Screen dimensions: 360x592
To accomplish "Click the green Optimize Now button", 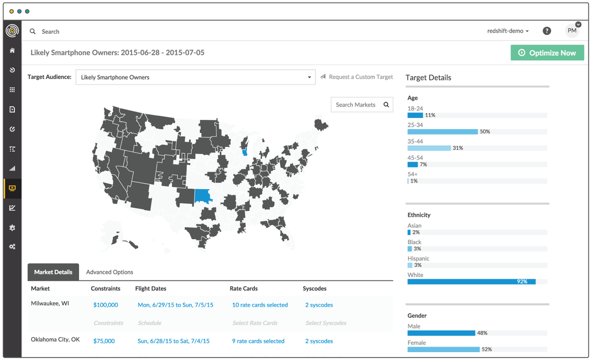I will click(547, 53).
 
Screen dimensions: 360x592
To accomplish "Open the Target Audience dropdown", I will click(195, 77).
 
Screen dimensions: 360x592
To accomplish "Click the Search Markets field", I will click(356, 105).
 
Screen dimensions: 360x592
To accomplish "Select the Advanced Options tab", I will click(110, 272).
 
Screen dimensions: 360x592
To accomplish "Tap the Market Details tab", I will click(53, 272).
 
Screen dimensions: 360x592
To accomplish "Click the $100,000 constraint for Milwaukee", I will click(105, 305).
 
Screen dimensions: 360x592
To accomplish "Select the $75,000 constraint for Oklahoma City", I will click(104, 341).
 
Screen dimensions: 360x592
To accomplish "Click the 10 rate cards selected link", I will click(260, 305).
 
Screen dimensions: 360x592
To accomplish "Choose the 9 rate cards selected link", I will click(258, 341).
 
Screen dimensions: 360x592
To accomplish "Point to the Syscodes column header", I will click(314, 288).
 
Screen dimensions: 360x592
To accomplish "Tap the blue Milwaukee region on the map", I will click(244, 152).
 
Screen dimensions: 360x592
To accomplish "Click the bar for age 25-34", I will click(442, 132).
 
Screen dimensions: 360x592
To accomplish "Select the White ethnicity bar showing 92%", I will click(471, 281).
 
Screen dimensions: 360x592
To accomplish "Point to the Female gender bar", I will click(443, 349).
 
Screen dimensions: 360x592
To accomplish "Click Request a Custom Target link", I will click(361, 77).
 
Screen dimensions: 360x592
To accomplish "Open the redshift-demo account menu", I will click(508, 31).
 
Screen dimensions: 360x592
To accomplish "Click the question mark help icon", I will click(547, 31).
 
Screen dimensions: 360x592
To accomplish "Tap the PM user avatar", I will click(572, 31).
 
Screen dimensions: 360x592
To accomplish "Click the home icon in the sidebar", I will click(12, 50).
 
